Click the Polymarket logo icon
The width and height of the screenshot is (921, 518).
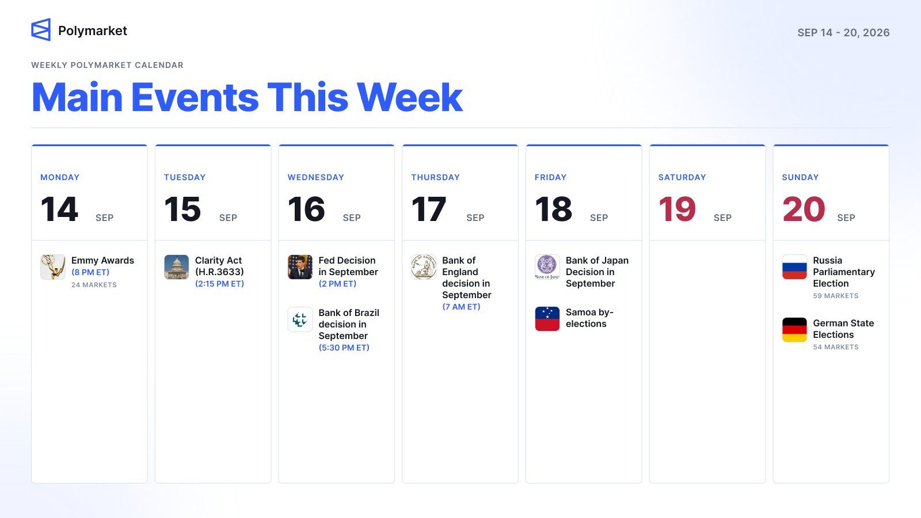pos(41,29)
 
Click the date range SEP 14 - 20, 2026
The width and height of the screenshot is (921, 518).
pos(843,32)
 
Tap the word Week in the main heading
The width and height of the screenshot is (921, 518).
pos(409,97)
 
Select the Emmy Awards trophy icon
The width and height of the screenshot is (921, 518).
pos(52,267)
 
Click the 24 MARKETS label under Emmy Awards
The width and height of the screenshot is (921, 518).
pos(94,285)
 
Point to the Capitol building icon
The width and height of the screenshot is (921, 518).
pos(176,267)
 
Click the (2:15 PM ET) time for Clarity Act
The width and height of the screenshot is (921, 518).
pos(219,284)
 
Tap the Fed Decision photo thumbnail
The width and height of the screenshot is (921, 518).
pos(300,267)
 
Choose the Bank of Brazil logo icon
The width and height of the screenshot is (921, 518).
pos(300,319)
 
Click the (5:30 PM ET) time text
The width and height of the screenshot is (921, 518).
pos(344,348)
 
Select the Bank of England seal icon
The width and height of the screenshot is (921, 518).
pos(424,267)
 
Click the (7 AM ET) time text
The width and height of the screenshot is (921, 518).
pos(461,307)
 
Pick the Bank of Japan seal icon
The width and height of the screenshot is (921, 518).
pos(547,267)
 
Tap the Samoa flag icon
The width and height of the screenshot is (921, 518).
pos(547,319)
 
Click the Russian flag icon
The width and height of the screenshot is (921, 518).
pos(794,267)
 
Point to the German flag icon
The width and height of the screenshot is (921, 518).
pos(794,330)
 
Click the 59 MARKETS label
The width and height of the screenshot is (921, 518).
pos(836,296)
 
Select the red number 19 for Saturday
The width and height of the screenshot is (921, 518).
pos(677,210)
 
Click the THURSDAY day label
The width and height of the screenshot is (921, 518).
pos(435,177)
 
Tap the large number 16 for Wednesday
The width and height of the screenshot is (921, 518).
pos(306,210)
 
